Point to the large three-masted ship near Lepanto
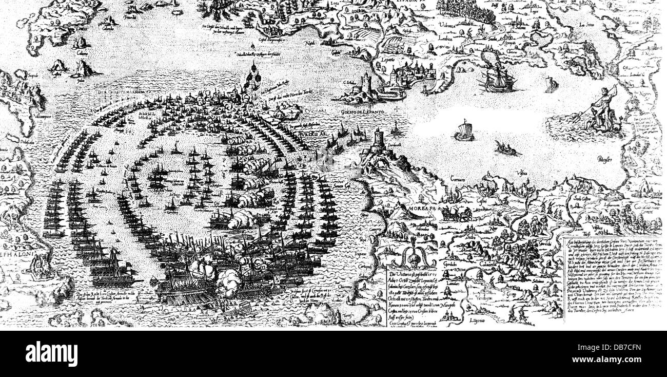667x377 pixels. point(497,78)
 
